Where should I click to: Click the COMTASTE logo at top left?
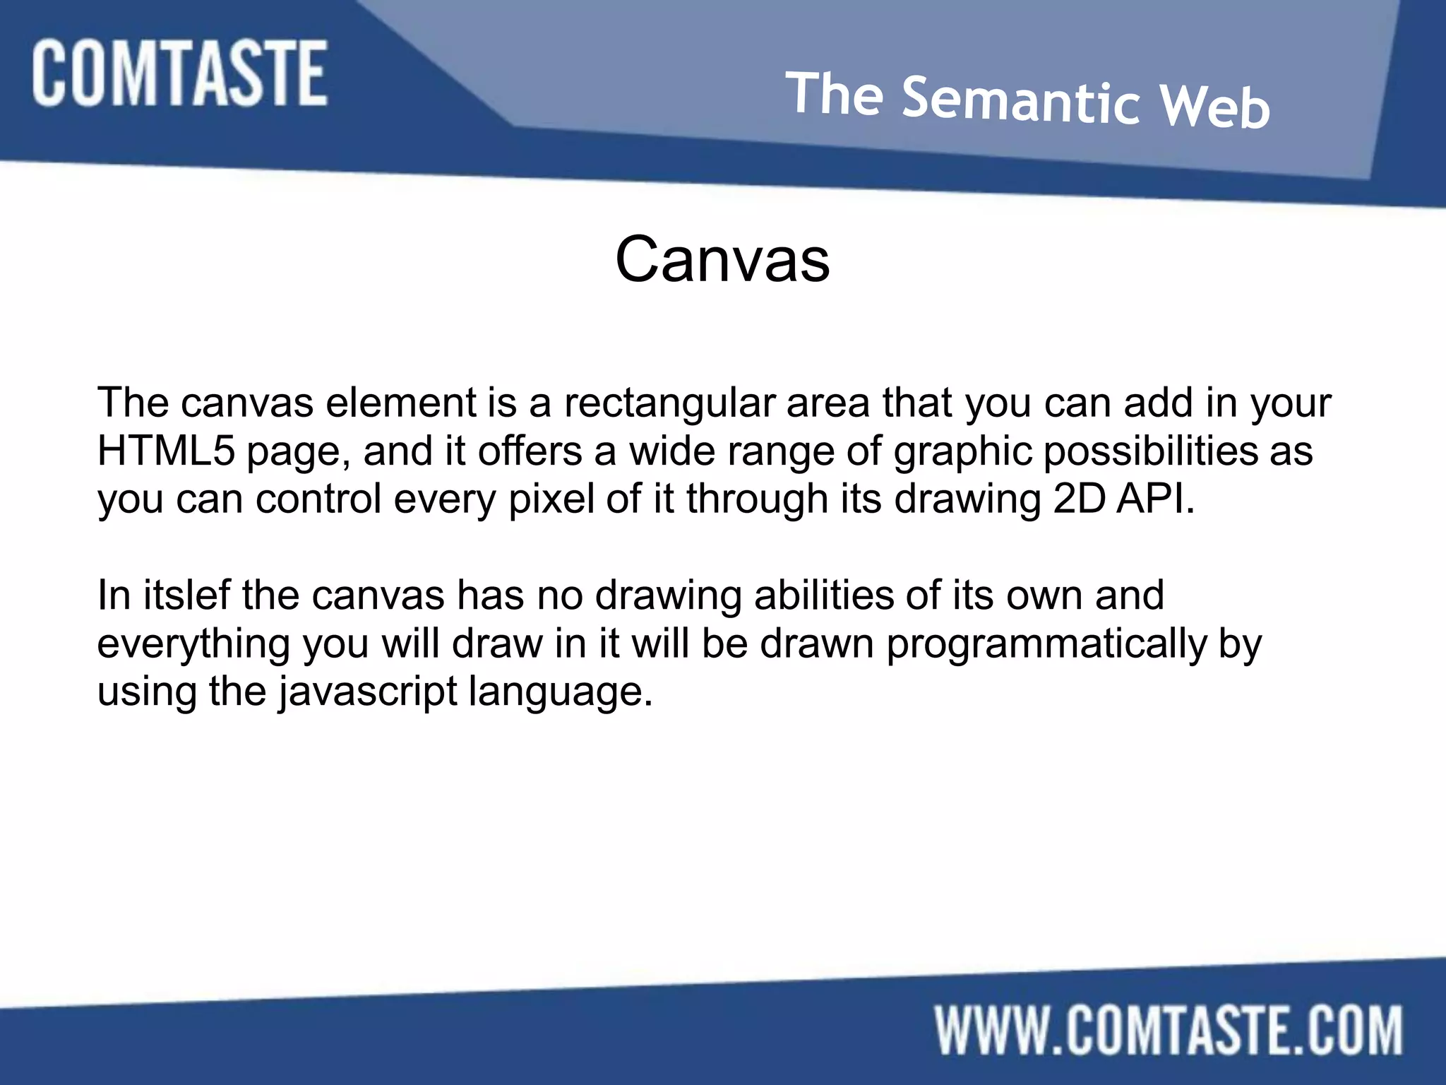pyautogui.click(x=179, y=73)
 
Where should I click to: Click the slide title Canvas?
pyautogui.click(x=722, y=259)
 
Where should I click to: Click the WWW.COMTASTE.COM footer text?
pyautogui.click(x=1169, y=1032)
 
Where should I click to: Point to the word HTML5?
pyautogui.click(x=166, y=451)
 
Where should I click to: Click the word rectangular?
pyautogui.click(x=668, y=403)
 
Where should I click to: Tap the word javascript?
pyautogui.click(x=368, y=692)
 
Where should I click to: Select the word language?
pyautogui.click(x=561, y=692)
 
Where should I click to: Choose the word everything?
pyautogui.click(x=193, y=644)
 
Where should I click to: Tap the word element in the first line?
pyautogui.click(x=400, y=403)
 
